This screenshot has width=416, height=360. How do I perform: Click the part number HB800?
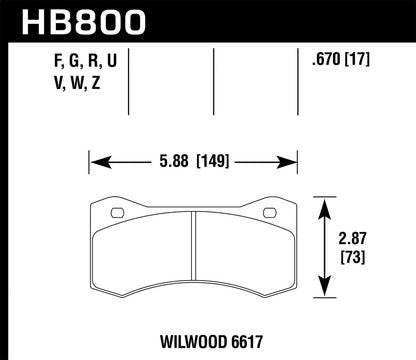(x=77, y=21)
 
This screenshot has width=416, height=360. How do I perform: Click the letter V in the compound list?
(x=24, y=85)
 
